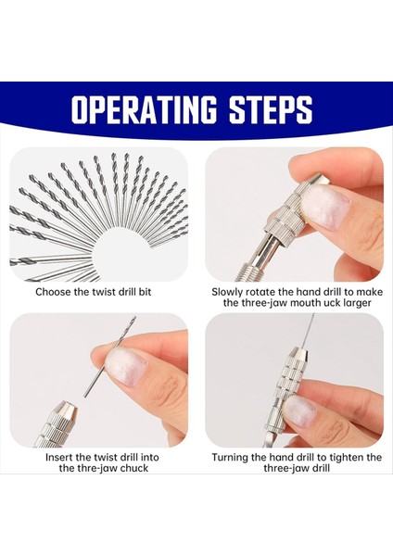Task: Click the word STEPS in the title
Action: click(270, 109)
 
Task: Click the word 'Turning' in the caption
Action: click(232, 458)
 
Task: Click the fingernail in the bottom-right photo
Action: click(302, 411)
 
